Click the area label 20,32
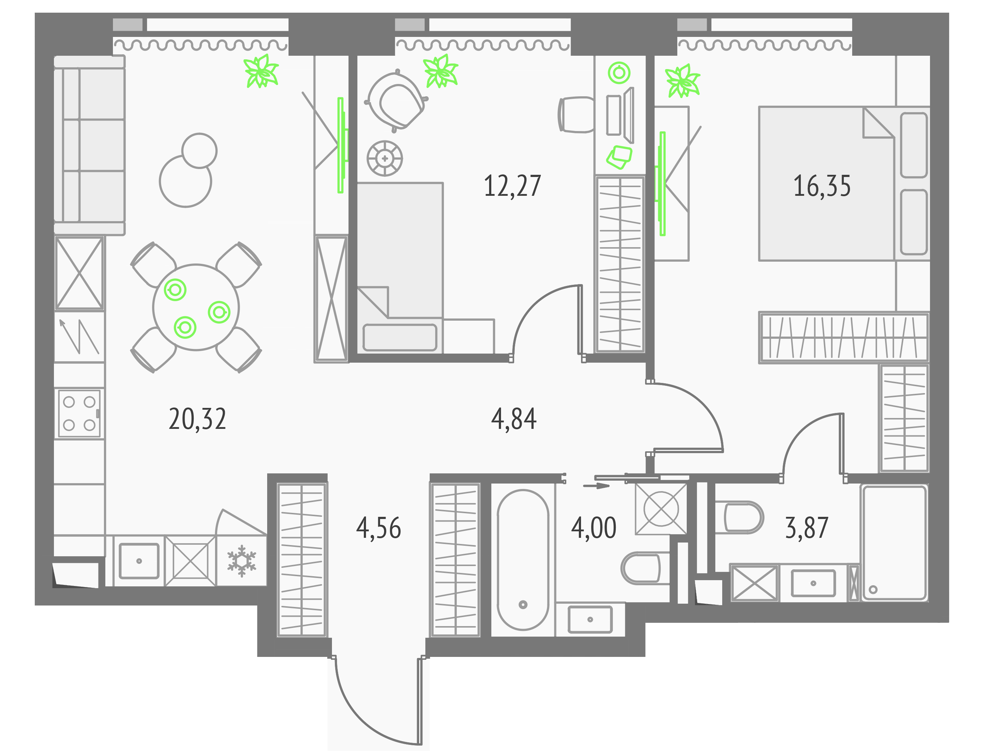[197, 420]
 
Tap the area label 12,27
[512, 186]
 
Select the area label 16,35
[822, 186]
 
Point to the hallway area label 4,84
[514, 420]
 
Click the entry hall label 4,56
[379, 528]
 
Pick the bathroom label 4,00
[594, 528]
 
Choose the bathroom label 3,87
[807, 528]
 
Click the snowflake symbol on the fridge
[241, 561]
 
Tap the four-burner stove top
[79, 413]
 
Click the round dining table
[196, 308]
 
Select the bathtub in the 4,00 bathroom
[523, 560]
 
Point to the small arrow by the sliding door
[596, 485]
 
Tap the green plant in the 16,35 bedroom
[682, 81]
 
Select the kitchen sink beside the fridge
[139, 561]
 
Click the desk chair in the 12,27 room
[576, 115]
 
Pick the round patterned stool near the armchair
[384, 158]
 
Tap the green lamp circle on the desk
[619, 72]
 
